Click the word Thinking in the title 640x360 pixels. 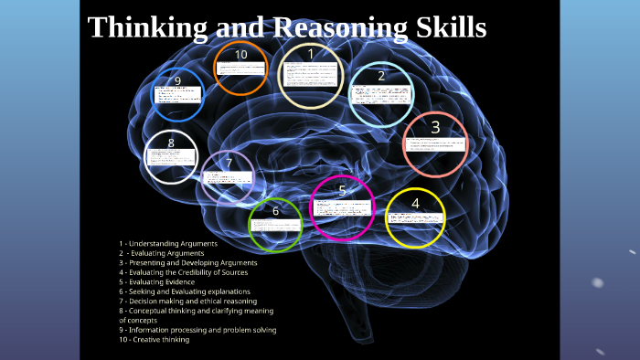(x=147, y=28)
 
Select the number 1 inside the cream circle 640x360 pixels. (x=311, y=54)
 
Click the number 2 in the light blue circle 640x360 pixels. (x=381, y=76)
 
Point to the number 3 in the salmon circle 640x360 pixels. (x=435, y=127)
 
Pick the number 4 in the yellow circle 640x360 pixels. (x=415, y=203)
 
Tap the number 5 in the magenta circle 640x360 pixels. (x=342, y=190)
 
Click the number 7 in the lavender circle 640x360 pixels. (x=229, y=164)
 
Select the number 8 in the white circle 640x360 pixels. (x=171, y=143)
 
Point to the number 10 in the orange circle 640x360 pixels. (x=240, y=55)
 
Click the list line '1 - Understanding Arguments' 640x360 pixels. (x=168, y=244)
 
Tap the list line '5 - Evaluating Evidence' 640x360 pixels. (x=157, y=281)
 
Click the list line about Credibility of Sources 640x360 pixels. (x=183, y=272)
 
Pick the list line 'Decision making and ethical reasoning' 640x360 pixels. (x=187, y=301)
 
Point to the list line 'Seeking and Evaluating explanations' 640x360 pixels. (x=184, y=291)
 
